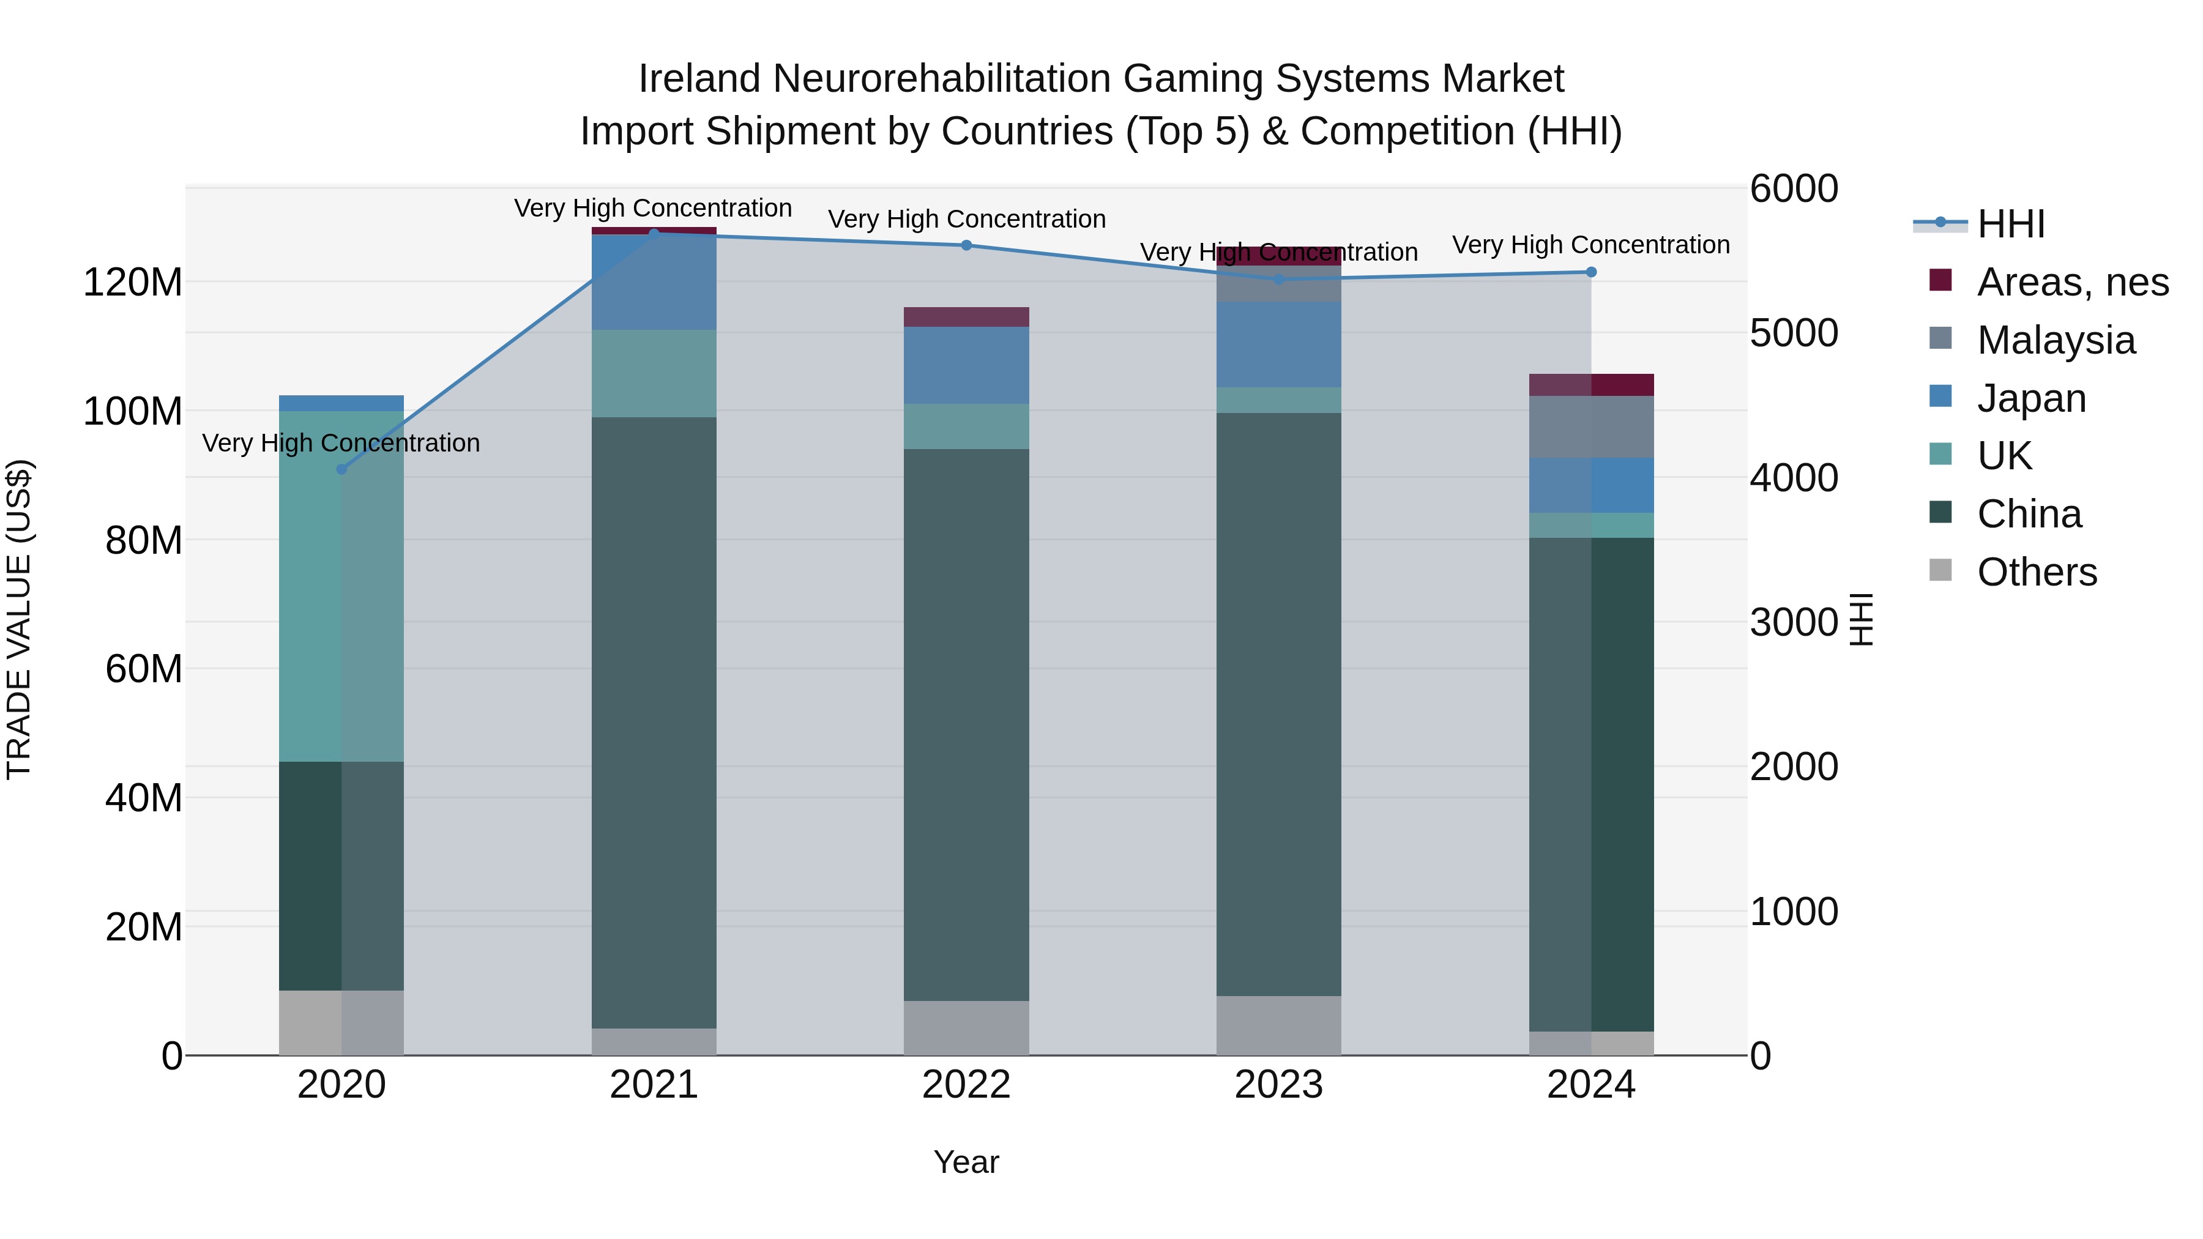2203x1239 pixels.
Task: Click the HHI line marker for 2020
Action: point(341,469)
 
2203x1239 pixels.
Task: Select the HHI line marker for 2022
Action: point(966,245)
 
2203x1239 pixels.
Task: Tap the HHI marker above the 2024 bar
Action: point(1590,272)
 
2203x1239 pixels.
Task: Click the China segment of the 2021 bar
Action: point(654,723)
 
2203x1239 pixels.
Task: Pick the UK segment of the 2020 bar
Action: point(341,587)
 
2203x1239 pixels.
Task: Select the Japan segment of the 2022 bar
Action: point(966,365)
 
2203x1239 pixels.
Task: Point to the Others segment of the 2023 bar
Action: point(1278,1025)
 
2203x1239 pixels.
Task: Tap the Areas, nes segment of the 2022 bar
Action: point(966,316)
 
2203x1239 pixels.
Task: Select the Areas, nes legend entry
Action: point(2072,282)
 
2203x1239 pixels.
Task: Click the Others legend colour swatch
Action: point(1941,570)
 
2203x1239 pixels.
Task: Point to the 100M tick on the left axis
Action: point(133,411)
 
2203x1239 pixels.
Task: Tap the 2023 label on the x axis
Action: point(1278,1085)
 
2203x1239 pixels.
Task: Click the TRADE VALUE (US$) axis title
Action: point(19,619)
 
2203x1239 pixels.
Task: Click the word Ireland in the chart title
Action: point(699,79)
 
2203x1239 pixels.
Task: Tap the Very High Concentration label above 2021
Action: point(654,208)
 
